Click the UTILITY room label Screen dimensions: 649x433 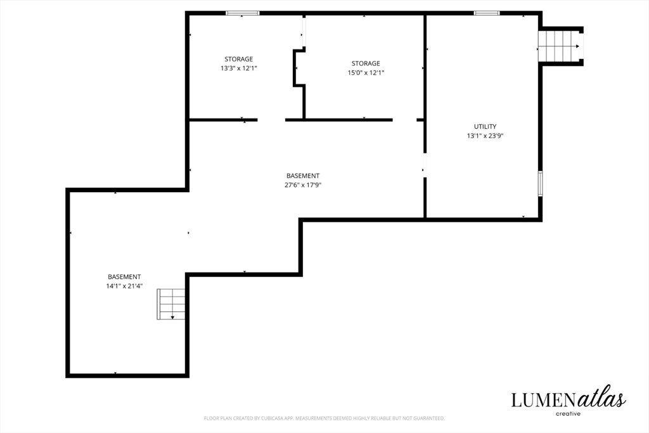(485, 126)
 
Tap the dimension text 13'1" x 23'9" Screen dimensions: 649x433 (485, 136)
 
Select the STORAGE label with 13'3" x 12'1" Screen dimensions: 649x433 (239, 59)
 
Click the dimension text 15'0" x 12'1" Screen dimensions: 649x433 (366, 72)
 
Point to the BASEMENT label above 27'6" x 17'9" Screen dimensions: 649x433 (303, 176)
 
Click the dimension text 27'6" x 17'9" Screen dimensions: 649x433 (303, 185)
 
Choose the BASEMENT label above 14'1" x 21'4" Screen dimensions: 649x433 (124, 276)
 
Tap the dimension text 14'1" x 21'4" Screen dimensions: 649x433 (124, 286)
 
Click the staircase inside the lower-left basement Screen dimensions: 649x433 (171, 304)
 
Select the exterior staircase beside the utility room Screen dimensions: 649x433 (560, 46)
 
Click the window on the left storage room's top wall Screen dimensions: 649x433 (243, 13)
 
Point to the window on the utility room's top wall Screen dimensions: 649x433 (487, 13)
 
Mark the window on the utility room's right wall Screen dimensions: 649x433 (540, 183)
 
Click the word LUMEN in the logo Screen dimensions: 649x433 (543, 400)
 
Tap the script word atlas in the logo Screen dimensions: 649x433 (601, 398)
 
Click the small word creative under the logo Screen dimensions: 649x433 (568, 413)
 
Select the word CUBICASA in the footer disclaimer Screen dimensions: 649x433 (271, 418)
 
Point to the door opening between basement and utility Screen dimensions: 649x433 (425, 165)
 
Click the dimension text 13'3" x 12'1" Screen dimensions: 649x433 (239, 68)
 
